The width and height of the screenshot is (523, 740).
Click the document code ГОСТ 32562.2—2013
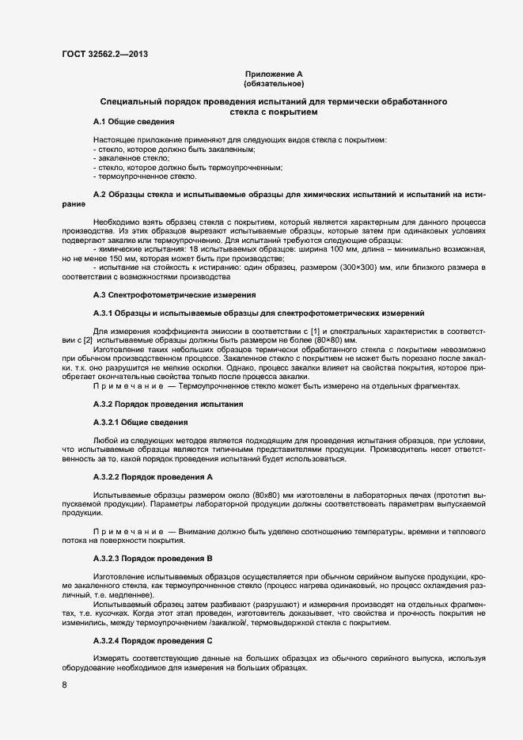tap(104, 55)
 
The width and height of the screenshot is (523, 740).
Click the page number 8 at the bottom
tap(64, 685)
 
